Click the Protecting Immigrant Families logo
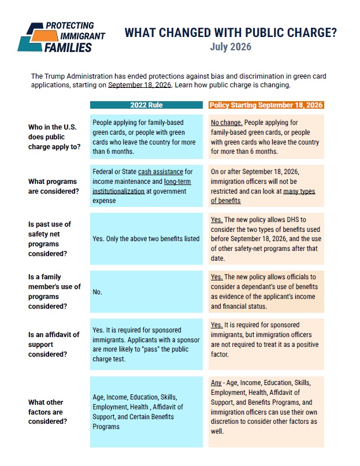point(61,37)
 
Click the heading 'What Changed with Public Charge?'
point(231,33)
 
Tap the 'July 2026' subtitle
point(231,47)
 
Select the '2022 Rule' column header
point(146,105)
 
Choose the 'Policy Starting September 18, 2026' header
point(266,105)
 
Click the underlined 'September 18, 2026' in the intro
point(140,85)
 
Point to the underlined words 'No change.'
point(227,123)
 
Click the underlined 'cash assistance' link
point(161,172)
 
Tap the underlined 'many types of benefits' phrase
point(262,196)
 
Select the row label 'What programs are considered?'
point(54,186)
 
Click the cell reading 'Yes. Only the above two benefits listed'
point(146,239)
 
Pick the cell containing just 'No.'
point(146,291)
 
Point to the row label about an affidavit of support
point(54,345)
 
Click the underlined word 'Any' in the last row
point(216,383)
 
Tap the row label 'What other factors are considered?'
point(47,412)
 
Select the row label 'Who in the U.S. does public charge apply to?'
point(54,137)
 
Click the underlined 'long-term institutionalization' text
point(142,186)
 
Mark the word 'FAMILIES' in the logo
point(68,47)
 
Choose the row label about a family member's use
point(54,291)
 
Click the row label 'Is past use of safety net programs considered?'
point(50,239)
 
